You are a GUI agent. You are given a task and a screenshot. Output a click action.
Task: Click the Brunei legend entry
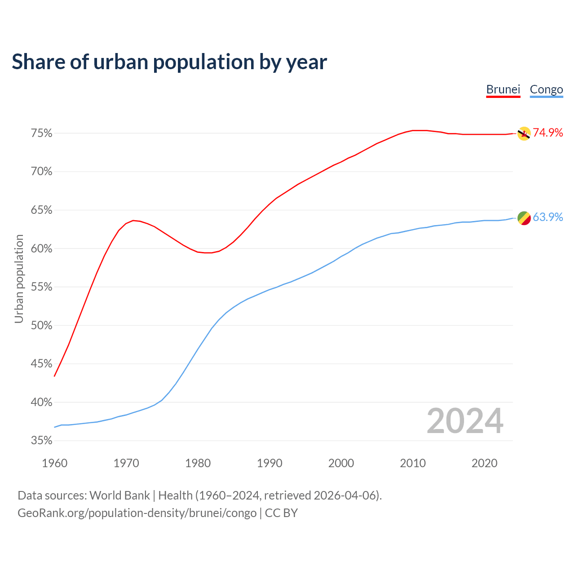(x=503, y=89)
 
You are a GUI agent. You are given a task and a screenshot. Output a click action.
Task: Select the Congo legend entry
(x=546, y=89)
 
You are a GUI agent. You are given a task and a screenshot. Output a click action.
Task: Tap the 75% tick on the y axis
(x=41, y=133)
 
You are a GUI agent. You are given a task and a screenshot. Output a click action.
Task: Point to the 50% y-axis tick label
(x=41, y=325)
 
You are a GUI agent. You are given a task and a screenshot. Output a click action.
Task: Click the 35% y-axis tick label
(x=41, y=441)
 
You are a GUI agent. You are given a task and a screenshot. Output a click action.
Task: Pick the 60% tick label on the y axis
(x=41, y=248)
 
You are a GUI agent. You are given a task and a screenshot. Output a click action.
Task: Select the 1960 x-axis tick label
(x=54, y=463)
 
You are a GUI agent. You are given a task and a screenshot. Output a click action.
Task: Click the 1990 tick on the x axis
(x=270, y=463)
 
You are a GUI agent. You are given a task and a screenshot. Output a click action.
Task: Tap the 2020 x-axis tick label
(x=484, y=463)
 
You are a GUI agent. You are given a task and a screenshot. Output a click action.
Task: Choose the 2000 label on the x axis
(x=341, y=463)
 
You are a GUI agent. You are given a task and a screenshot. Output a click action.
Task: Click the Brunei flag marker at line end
(x=524, y=133)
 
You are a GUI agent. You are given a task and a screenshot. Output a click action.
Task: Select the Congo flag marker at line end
(x=524, y=218)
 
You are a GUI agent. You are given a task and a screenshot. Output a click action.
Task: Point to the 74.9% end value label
(x=548, y=133)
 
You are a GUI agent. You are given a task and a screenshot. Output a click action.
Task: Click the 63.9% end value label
(x=548, y=217)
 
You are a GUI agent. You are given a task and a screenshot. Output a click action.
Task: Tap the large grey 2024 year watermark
(x=464, y=421)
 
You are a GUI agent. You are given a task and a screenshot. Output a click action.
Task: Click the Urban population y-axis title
(x=19, y=279)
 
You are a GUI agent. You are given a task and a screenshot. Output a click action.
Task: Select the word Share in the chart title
(x=38, y=62)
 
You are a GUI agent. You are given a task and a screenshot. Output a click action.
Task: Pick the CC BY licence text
(x=281, y=513)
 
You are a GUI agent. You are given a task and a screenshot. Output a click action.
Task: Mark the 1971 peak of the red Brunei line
(x=133, y=220)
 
